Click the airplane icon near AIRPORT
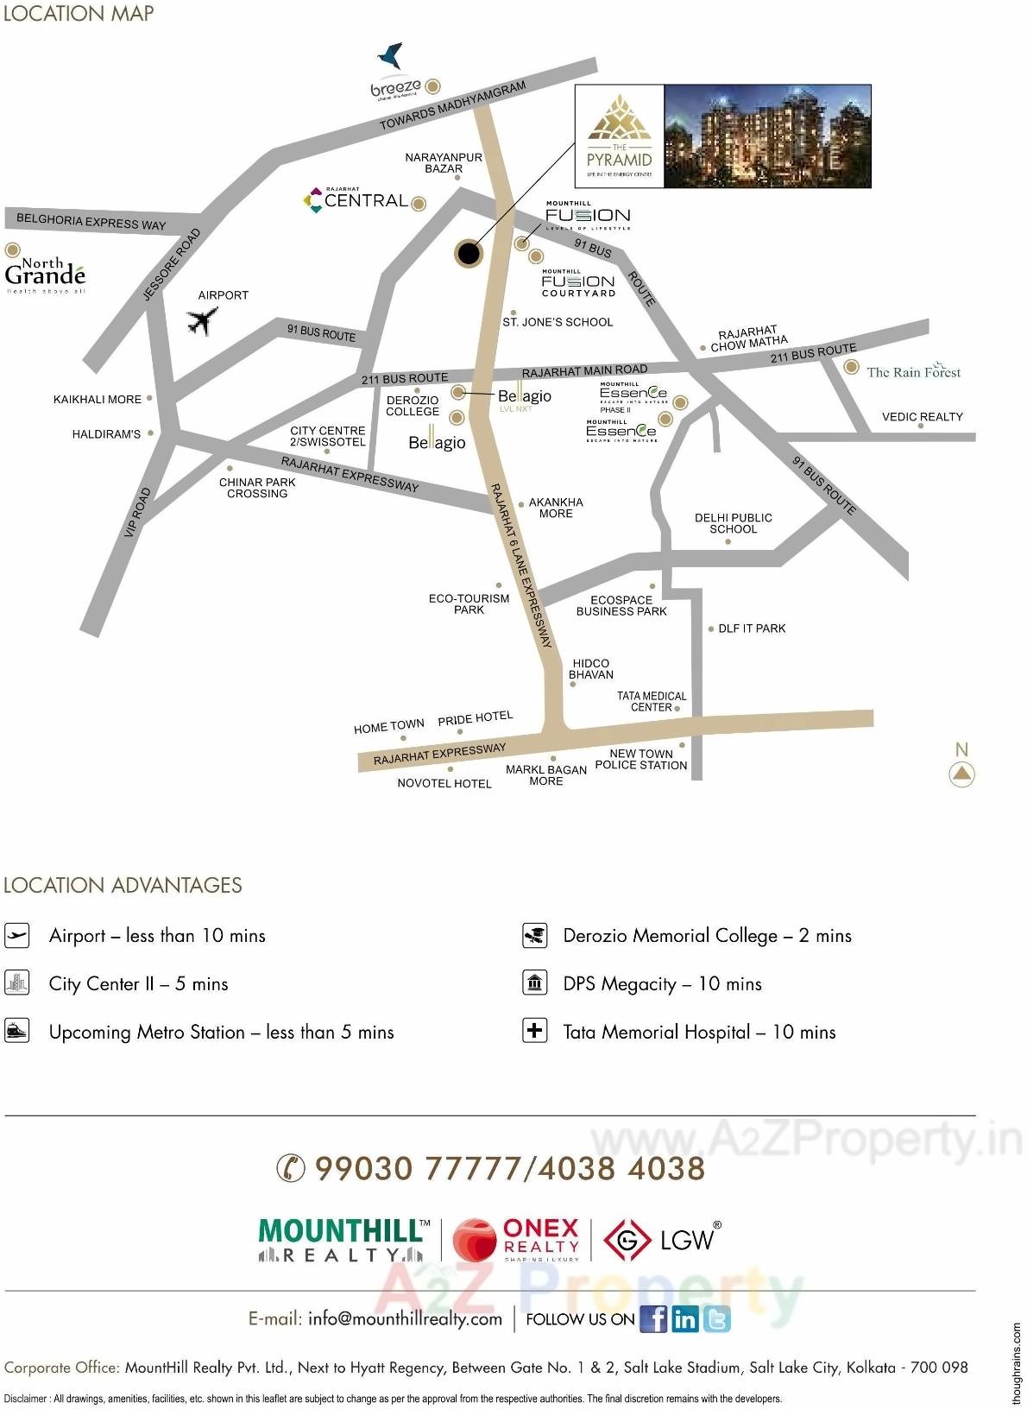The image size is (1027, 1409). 202,321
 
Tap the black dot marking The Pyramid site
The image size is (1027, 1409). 468,253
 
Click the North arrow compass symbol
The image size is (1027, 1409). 961,774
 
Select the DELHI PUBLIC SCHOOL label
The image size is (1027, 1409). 733,523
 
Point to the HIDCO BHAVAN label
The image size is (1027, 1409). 590,669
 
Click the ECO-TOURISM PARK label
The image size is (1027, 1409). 469,603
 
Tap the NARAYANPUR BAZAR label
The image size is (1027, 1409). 444,162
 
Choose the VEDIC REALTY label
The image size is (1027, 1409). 922,416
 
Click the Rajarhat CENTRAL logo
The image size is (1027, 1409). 356,199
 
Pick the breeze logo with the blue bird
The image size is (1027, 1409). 396,72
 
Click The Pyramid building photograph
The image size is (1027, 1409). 767,136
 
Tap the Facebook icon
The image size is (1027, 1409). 653,1318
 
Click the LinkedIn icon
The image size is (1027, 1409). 685,1318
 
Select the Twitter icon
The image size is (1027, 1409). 716,1318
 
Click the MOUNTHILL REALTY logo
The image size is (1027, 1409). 343,1240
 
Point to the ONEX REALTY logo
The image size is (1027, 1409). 516,1240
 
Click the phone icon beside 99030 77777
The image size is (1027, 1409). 291,1168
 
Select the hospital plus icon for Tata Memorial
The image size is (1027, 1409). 535,1031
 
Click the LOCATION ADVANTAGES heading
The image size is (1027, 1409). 123,885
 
